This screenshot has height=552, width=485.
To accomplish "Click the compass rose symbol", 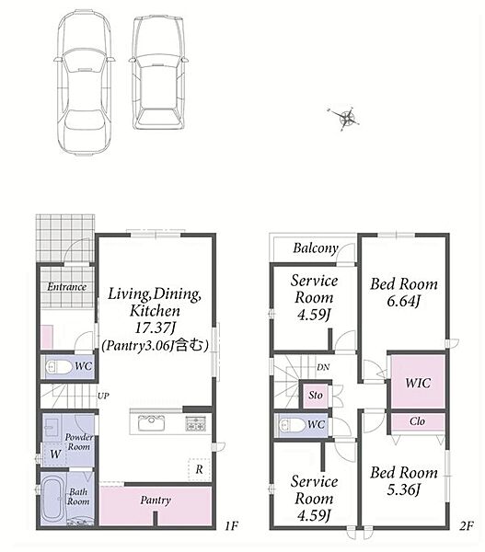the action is point(347,118).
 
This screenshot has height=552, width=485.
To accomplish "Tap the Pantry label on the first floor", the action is point(156,500).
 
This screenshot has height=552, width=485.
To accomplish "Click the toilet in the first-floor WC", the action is point(59,367).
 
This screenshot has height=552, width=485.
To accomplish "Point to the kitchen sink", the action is point(152,422).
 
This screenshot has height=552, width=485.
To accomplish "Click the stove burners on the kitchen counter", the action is point(195,423).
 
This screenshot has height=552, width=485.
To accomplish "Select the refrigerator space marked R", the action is point(200,469).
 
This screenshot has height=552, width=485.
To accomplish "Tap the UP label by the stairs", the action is point(103,396).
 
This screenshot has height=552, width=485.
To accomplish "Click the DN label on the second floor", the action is point(323,367).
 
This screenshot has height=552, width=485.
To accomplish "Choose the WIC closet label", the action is point(418,383).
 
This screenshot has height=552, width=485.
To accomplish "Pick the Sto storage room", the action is point(316,395).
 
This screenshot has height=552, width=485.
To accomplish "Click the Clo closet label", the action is point(417,421).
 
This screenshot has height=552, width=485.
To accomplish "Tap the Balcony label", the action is point(316,248).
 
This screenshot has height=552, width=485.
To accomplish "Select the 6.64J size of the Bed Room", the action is point(404,302).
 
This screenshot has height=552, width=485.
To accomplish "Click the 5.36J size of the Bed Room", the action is point(404,489).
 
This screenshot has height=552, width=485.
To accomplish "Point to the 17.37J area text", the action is point(156,328).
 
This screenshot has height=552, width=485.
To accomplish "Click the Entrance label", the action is point(66,286).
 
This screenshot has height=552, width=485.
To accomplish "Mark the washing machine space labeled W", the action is point(55,454).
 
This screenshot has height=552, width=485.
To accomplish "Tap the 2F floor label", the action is point(467,526).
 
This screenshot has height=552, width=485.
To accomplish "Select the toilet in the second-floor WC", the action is point(292,425).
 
